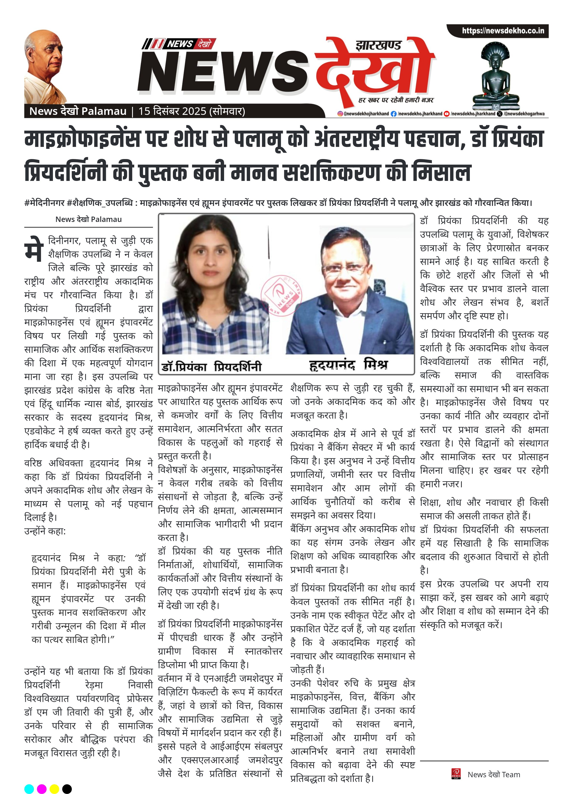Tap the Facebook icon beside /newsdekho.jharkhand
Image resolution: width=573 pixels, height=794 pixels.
click(394, 114)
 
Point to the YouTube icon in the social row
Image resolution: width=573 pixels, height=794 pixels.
click(446, 114)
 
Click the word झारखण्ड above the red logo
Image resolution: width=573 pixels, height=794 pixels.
click(378, 45)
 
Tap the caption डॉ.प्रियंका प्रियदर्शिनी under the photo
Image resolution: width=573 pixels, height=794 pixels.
click(211, 367)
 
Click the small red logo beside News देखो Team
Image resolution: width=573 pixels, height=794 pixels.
click(456, 774)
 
